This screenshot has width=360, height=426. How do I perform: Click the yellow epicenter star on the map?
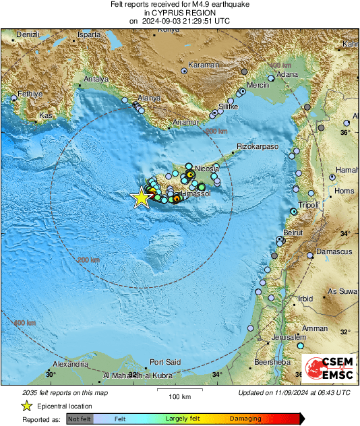click(x=140, y=197)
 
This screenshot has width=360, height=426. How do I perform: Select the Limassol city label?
click(x=197, y=193)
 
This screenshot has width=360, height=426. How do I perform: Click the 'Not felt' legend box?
click(x=80, y=419)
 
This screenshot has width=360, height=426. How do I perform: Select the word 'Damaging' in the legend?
click(x=245, y=419)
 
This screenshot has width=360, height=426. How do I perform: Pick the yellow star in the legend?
click(x=26, y=406)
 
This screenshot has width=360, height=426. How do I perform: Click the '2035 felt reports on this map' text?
click(x=65, y=392)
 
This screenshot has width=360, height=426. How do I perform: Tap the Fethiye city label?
click(x=30, y=94)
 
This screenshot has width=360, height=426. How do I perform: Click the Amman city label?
click(x=315, y=328)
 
